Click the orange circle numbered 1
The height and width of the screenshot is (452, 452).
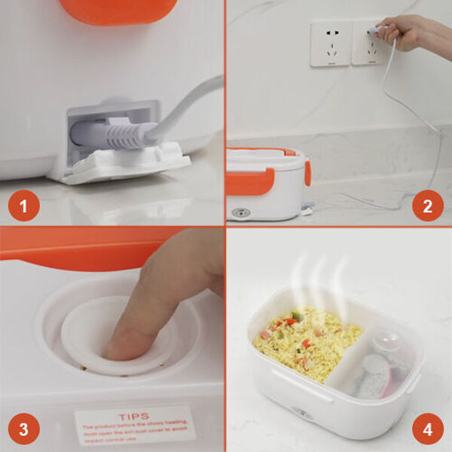point(24,205)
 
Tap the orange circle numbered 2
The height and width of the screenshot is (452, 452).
point(427,205)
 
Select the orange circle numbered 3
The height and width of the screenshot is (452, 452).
point(24,430)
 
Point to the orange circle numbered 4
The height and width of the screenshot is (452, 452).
point(427,430)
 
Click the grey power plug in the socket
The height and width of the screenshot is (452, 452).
point(113,136)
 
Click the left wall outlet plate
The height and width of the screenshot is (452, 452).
point(330,42)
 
